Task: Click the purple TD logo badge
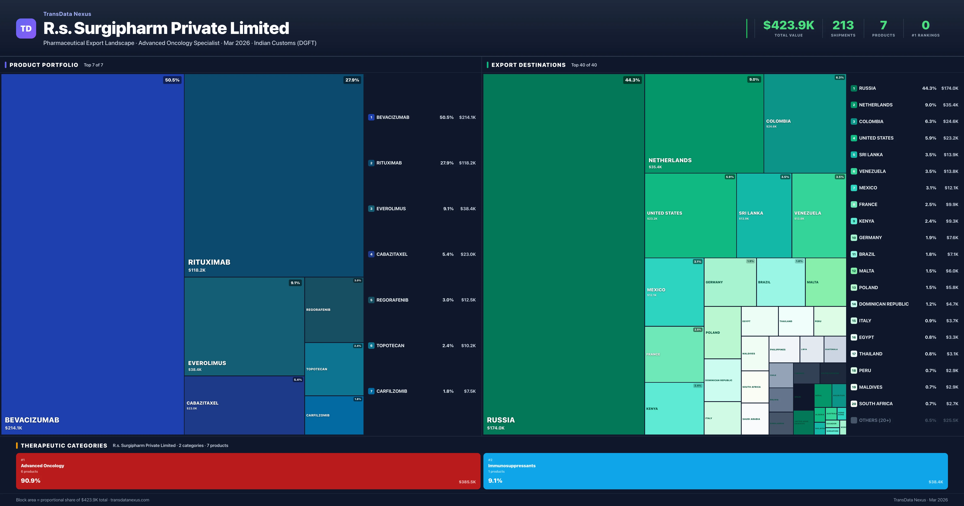[26, 29]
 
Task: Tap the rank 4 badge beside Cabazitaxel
[371, 254]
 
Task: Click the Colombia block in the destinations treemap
[805, 123]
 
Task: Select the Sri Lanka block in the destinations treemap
[764, 215]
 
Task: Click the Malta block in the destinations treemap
[825, 282]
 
